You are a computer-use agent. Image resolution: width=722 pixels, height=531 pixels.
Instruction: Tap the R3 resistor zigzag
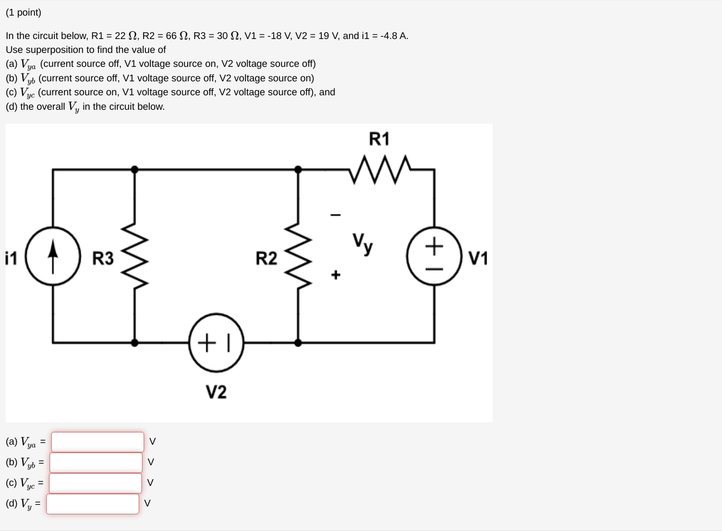pos(134,256)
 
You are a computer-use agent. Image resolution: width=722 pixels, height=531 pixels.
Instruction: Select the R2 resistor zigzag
pos(298,256)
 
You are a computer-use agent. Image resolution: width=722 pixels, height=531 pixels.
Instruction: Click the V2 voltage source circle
pos(217,342)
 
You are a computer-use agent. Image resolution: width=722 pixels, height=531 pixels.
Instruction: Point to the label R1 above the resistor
pos(379,139)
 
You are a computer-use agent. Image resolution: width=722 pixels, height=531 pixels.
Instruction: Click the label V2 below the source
pos(216,392)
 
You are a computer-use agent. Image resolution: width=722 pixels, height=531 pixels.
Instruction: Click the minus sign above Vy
pos(335,215)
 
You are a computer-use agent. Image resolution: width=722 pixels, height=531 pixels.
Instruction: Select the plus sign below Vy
pos(335,275)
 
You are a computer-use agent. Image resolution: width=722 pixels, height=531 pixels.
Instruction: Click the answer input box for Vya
pos(97,442)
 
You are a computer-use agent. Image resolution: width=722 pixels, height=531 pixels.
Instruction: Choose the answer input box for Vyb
pos(96,462)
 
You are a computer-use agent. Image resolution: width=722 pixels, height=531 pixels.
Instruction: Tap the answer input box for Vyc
pos(96,483)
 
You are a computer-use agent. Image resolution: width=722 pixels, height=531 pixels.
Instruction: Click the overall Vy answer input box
pos(93,504)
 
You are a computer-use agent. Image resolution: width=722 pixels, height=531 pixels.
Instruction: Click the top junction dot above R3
pos(134,169)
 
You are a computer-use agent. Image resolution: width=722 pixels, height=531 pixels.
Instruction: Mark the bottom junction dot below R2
pos(298,343)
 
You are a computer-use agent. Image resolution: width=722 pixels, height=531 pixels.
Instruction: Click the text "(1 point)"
pos(23,12)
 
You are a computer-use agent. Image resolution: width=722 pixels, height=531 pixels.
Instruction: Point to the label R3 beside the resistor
pos(102,259)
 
